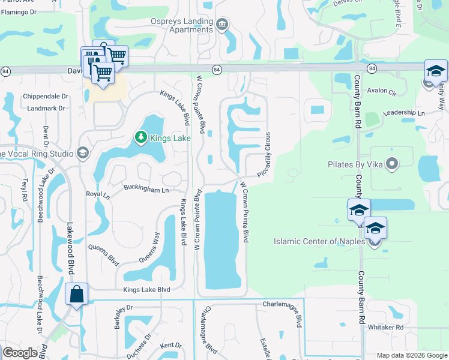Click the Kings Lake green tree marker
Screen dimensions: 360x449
click(141, 138)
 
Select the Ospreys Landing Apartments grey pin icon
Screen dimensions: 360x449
click(223, 24)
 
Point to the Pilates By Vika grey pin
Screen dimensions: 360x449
click(392, 163)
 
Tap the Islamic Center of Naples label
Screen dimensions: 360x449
click(319, 241)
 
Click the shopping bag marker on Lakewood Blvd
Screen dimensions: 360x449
click(77, 295)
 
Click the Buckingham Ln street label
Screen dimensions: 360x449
click(146, 189)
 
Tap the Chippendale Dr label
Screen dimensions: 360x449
click(46, 96)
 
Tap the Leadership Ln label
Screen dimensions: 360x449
click(403, 112)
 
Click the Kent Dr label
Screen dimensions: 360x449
click(170, 345)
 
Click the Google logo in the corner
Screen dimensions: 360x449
click(20, 353)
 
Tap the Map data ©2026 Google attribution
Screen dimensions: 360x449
click(412, 355)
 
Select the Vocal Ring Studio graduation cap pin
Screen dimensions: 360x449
click(83, 154)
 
